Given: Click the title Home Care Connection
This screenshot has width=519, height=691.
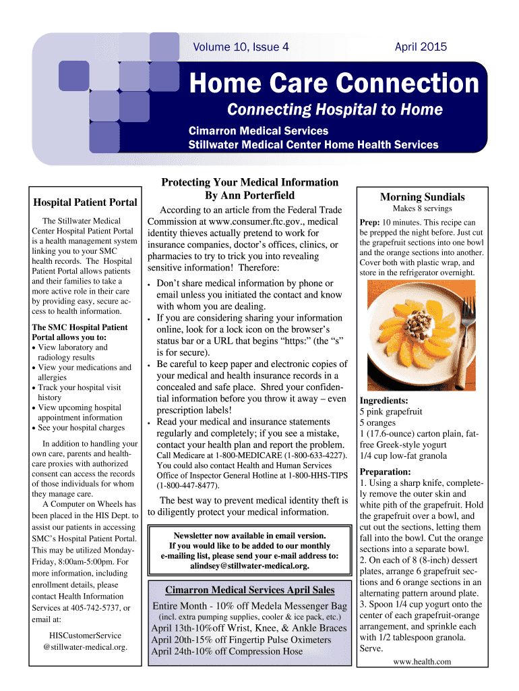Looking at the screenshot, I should (334, 84).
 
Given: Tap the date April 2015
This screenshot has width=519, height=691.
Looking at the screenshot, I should (421, 47).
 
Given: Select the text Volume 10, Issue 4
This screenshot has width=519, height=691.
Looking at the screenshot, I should (241, 47).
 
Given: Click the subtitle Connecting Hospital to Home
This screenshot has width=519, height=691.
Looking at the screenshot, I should (334, 109).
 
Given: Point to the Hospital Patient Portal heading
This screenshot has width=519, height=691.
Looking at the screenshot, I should (85, 202).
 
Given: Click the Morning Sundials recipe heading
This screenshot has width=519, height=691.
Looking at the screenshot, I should (422, 197).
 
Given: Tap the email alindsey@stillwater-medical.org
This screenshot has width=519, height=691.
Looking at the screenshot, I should (249, 565).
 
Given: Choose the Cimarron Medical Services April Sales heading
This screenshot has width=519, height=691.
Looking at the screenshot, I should (249, 590).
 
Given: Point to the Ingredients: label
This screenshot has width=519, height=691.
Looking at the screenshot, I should (384, 400).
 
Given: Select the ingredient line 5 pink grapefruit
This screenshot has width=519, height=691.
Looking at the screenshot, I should (391, 411).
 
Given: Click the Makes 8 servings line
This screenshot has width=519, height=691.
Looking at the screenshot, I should (422, 209).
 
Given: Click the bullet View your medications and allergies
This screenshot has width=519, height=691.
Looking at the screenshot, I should (84, 372).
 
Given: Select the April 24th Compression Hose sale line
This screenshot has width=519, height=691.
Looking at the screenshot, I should (226, 651).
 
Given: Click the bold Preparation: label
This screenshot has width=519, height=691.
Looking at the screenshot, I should (385, 472).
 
